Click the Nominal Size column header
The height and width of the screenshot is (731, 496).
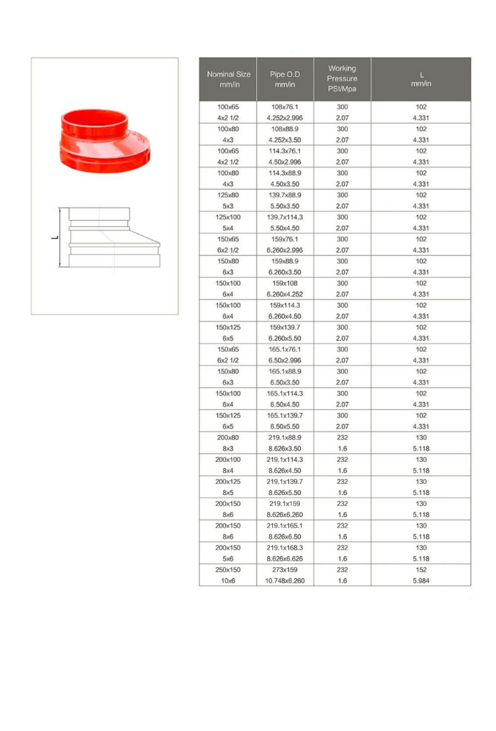click(228, 79)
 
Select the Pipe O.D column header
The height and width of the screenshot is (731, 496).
click(285, 79)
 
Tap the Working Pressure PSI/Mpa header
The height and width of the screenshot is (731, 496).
click(342, 79)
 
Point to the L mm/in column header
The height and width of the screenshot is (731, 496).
click(421, 79)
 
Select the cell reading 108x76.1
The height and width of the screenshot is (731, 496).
click(285, 107)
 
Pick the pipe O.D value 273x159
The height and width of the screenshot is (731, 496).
click(285, 569)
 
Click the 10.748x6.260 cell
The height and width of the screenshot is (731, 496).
click(285, 580)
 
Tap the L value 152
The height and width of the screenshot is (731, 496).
click(421, 569)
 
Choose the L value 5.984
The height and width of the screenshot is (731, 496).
click(421, 580)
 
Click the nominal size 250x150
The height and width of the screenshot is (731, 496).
click(228, 569)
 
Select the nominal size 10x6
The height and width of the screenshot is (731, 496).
click(228, 580)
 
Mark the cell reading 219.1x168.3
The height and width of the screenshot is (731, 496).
click(285, 548)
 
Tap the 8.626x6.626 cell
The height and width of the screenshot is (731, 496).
click(285, 558)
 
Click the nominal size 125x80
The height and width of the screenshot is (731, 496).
click(228, 195)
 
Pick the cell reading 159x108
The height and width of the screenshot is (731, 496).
click(285, 283)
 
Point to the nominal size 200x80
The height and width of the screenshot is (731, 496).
click(228, 437)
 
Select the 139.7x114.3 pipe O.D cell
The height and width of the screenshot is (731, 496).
click(285, 217)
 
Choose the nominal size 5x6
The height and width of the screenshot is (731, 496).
click(228, 558)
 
